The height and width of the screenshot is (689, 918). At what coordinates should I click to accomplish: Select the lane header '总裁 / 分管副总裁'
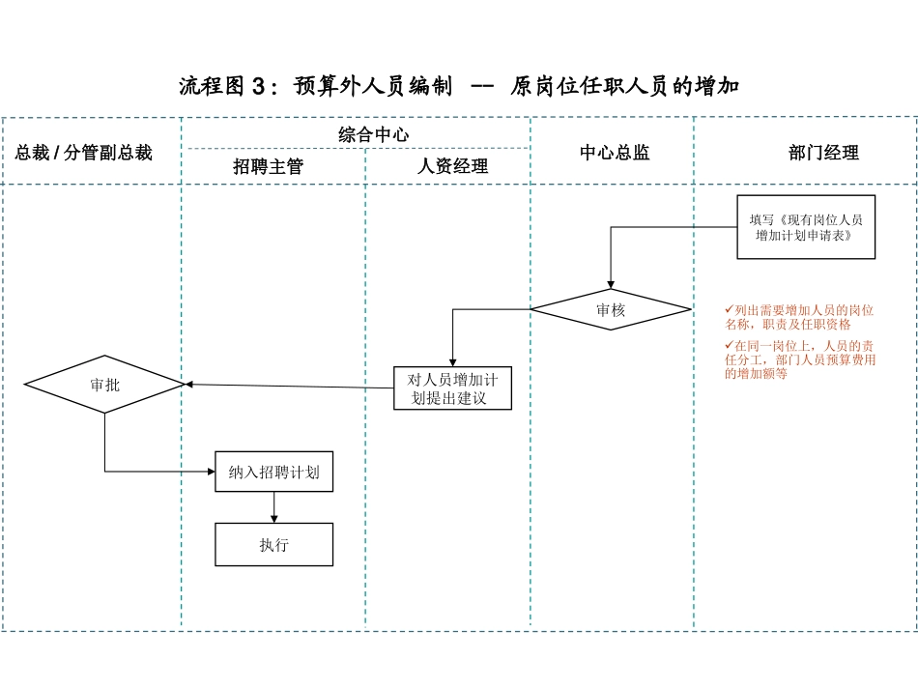(x=84, y=153)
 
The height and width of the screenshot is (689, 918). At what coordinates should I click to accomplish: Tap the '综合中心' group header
(x=373, y=134)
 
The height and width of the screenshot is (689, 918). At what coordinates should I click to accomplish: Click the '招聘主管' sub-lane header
(x=268, y=166)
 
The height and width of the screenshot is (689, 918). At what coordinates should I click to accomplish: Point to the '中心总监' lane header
(x=615, y=153)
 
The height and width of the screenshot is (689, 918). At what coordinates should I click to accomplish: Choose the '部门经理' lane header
(x=823, y=153)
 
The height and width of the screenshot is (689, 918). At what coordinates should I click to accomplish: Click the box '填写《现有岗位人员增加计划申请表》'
(x=806, y=227)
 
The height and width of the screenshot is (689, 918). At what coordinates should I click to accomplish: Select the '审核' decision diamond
(x=611, y=310)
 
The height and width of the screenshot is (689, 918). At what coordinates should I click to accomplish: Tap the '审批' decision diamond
(x=104, y=385)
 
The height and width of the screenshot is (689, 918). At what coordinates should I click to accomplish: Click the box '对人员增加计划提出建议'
(x=452, y=388)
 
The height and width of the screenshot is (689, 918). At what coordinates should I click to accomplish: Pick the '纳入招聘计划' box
(x=273, y=473)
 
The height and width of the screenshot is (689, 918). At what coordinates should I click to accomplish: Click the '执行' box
(x=273, y=545)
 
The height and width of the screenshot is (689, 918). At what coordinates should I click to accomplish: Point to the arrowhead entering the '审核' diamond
(x=611, y=283)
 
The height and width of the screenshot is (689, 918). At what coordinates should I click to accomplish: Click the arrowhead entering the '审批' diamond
(x=190, y=385)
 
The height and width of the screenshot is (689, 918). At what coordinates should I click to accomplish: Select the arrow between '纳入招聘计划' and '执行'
(x=274, y=507)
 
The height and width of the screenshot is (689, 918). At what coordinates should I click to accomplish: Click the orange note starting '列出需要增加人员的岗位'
(x=800, y=317)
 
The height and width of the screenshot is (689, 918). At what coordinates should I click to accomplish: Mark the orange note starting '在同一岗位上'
(x=800, y=359)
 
